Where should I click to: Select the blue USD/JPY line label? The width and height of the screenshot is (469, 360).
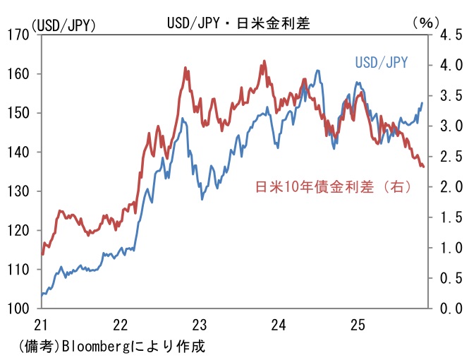coord(382,64)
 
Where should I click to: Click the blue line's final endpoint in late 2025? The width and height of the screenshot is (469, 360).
coord(422,103)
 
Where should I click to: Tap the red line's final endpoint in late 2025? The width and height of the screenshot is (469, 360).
coord(423,167)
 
